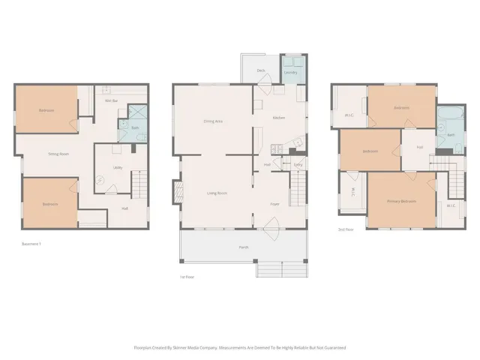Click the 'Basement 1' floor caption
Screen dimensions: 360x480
click(x=31, y=243)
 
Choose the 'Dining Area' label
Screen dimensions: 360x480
click(x=213, y=121)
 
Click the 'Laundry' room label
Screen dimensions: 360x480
click(x=291, y=73)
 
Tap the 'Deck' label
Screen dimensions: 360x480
click(x=261, y=70)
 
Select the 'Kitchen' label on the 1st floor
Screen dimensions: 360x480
click(x=278, y=118)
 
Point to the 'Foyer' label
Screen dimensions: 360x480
click(x=275, y=203)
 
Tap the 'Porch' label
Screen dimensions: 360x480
click(x=243, y=247)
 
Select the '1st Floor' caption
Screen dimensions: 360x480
click(x=187, y=277)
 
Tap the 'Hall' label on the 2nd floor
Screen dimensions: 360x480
click(x=419, y=147)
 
